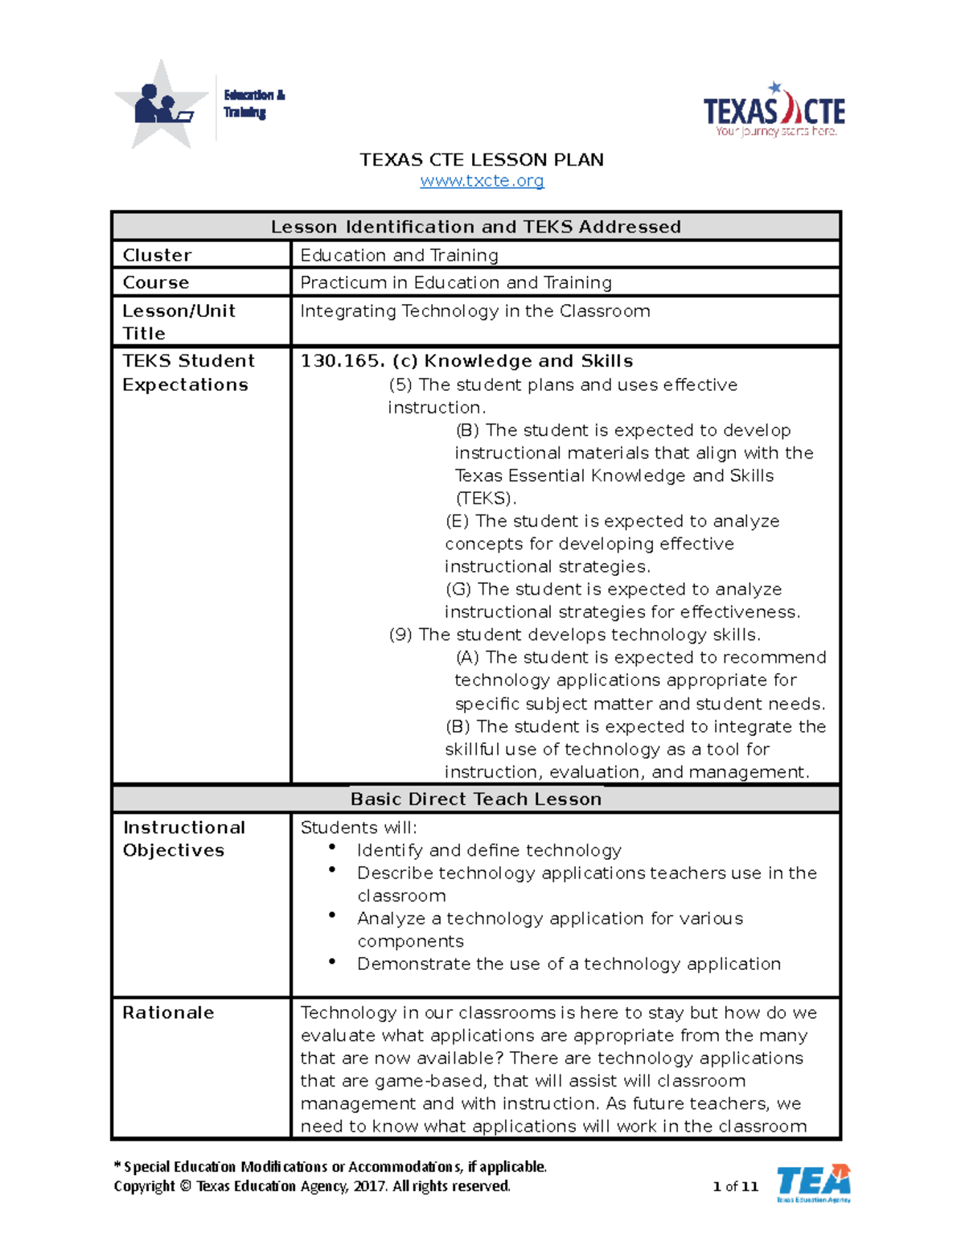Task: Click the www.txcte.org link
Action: pyautogui.click(x=482, y=181)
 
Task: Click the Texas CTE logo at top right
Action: pyautogui.click(x=774, y=110)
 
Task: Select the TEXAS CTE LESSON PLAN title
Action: pyautogui.click(x=481, y=159)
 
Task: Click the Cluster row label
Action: pyautogui.click(x=157, y=255)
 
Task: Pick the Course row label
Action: pyautogui.click(x=155, y=282)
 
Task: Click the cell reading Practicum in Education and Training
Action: pyautogui.click(x=455, y=282)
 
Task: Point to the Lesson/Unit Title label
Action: pyautogui.click(x=179, y=322)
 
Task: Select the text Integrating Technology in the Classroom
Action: pyautogui.click(x=474, y=311)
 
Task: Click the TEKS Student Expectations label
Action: pyautogui.click(x=188, y=372)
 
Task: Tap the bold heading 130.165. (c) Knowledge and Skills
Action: pyautogui.click(x=466, y=361)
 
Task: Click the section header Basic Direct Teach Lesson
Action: pyautogui.click(x=475, y=799)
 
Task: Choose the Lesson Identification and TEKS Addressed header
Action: pyautogui.click(x=475, y=227)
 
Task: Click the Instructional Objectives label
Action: pyautogui.click(x=183, y=839)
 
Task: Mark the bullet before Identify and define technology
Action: pyautogui.click(x=332, y=848)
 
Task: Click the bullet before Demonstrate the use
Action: pyautogui.click(x=332, y=961)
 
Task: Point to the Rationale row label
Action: pyautogui.click(x=168, y=1013)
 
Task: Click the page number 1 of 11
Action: pyautogui.click(x=735, y=1186)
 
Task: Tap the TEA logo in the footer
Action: pyautogui.click(x=813, y=1183)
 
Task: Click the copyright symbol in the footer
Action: pyautogui.click(x=185, y=1186)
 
